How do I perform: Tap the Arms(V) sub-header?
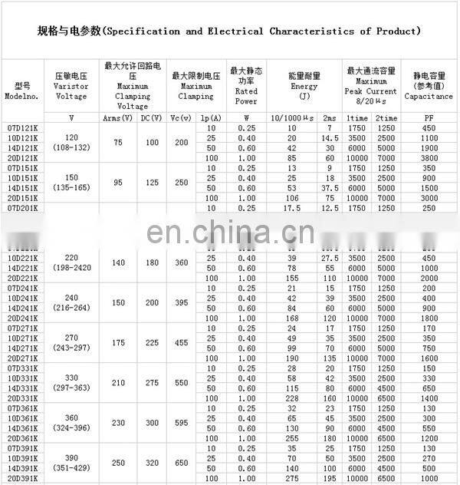pyautogui.click(x=117, y=117)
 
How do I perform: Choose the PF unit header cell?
pyautogui.click(x=429, y=117)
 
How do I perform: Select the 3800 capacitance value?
pyautogui.click(x=429, y=157)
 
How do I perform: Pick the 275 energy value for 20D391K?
pyautogui.click(x=291, y=477)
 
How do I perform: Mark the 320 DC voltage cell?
pyautogui.click(x=152, y=464)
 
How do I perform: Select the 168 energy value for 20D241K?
pyautogui.click(x=291, y=318)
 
